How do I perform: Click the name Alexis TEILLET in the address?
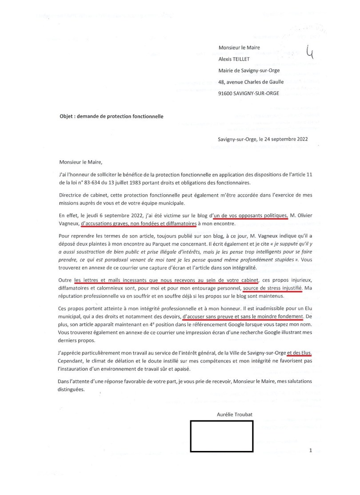(x=237, y=58)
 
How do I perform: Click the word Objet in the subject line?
(x=67, y=116)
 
